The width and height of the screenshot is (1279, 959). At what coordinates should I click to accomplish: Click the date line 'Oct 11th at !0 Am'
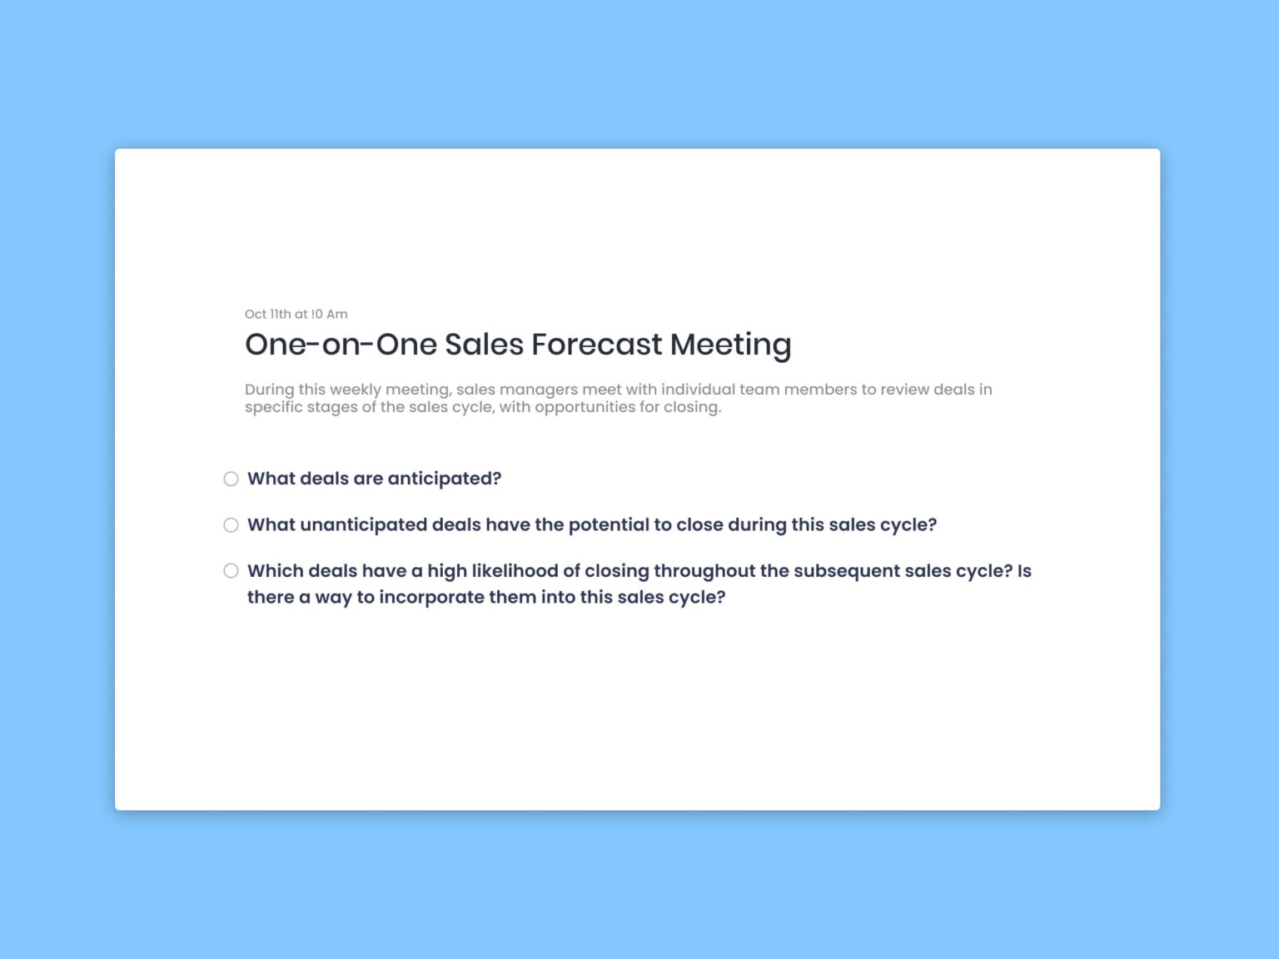click(x=296, y=314)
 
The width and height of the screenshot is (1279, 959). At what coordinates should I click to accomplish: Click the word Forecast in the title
click(x=596, y=344)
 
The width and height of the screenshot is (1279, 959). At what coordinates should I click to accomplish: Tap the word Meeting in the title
click(x=730, y=344)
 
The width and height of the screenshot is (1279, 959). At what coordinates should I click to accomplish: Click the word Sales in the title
click(x=484, y=344)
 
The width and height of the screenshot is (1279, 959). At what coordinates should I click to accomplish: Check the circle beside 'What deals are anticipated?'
click(x=231, y=479)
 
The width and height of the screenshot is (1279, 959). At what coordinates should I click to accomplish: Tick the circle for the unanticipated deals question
click(x=231, y=524)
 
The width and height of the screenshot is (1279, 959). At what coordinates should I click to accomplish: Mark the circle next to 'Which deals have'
click(x=231, y=570)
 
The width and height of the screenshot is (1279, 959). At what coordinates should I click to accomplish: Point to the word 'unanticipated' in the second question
click(x=363, y=524)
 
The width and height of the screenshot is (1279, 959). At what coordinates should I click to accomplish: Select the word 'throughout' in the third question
click(x=704, y=571)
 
